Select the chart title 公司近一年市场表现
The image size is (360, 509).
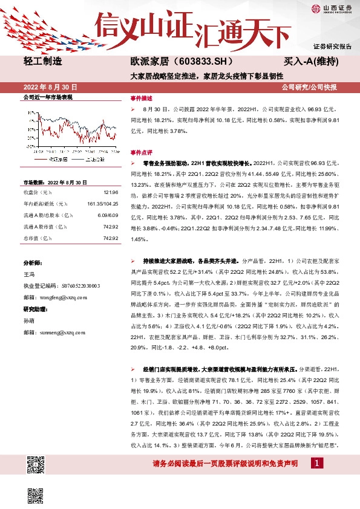pos(47,97)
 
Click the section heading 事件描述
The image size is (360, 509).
pos(142,97)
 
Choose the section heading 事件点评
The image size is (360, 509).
pos(142,152)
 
